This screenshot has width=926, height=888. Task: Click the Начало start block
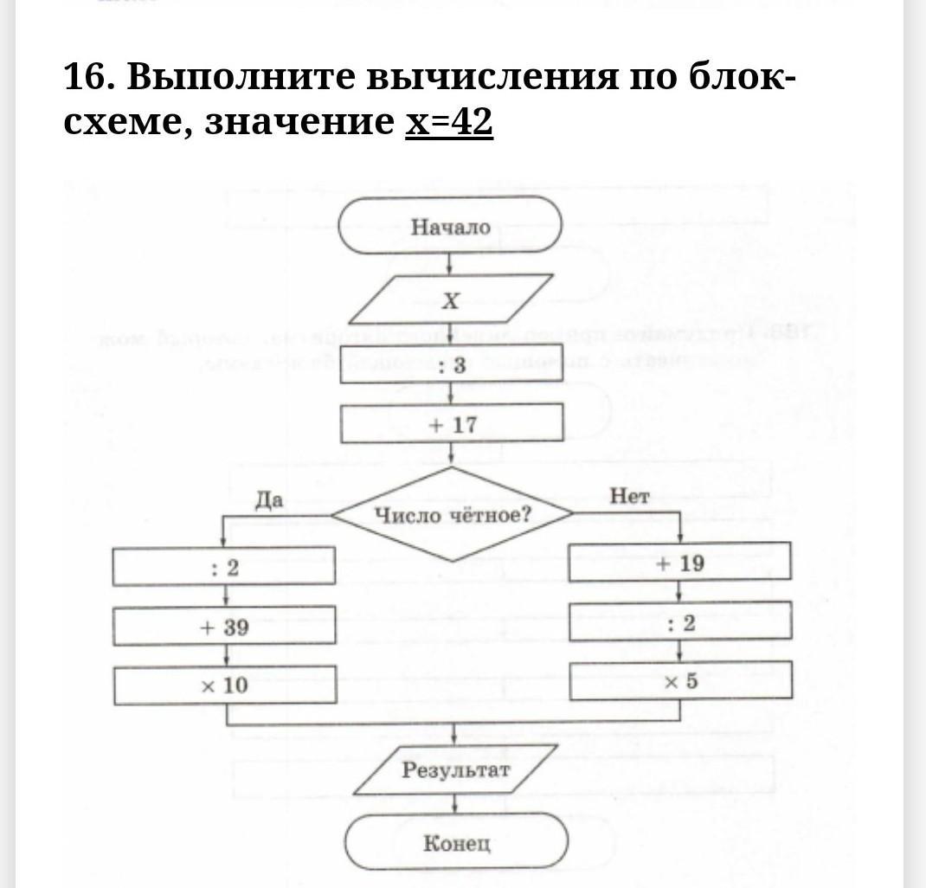450,227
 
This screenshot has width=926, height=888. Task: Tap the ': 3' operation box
452,365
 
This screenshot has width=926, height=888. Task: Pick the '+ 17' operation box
452,425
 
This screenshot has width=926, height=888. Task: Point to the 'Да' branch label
269,499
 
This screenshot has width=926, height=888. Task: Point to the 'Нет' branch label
629,496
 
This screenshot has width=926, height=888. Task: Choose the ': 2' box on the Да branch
224,568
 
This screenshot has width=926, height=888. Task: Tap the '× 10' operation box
224,686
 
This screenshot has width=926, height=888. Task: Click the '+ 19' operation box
679,563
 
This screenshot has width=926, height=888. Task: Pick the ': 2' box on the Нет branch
680,623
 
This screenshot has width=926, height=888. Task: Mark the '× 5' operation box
680,681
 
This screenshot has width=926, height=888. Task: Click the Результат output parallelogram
455,770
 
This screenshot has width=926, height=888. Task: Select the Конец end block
456,843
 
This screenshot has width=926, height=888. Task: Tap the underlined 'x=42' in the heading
449,122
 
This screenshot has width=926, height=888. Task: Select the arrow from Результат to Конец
455,804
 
